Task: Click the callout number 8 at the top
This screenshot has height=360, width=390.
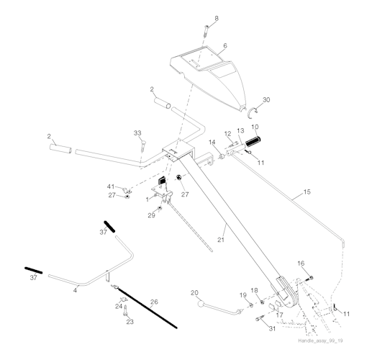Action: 217,18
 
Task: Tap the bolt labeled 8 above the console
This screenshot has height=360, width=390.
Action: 207,31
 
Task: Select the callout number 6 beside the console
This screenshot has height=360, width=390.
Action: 225,46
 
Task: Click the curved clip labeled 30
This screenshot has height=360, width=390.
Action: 252,112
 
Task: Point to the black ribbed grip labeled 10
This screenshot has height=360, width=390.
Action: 253,142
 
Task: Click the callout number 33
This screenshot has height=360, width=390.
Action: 137,133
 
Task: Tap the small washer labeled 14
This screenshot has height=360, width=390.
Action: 222,157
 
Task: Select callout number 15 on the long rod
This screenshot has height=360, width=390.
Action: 307,192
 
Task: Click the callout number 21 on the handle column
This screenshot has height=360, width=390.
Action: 221,240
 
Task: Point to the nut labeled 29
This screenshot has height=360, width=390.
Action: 160,208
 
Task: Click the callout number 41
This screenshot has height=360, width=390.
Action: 111,186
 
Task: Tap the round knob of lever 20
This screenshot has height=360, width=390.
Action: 201,304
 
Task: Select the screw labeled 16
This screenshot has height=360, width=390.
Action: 310,278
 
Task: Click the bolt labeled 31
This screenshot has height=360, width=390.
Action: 260,318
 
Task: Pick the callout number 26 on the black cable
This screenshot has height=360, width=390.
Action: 154,302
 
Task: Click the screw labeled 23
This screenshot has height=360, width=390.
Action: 125,310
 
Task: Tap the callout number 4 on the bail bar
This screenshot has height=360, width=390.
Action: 75,290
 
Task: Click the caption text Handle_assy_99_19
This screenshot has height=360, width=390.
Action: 320,341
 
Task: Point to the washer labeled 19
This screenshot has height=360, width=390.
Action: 250,305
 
